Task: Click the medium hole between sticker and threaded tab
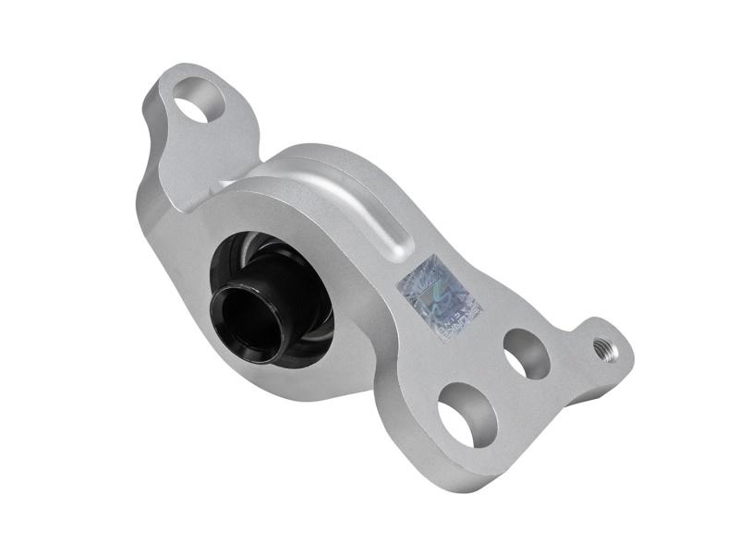[527, 354]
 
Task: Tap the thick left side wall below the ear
[157, 231]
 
